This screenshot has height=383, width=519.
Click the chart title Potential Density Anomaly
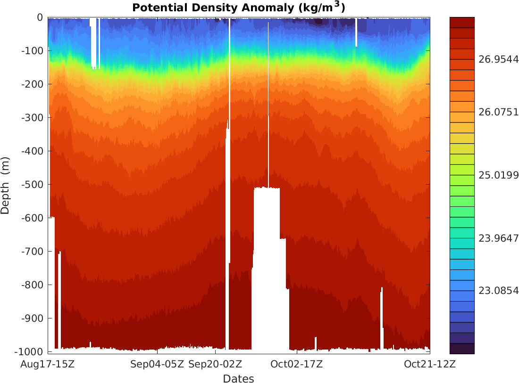pos(239,8)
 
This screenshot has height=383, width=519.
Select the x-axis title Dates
pos(238,379)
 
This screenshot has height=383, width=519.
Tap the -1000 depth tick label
pos(29,352)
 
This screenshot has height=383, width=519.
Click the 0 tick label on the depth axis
pos(40,17)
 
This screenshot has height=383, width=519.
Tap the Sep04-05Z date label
pos(157,364)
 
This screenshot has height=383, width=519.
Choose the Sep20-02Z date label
pos(215,364)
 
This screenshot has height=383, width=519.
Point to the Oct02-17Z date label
pos(296,364)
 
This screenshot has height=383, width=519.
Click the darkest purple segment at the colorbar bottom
pos(462,349)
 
